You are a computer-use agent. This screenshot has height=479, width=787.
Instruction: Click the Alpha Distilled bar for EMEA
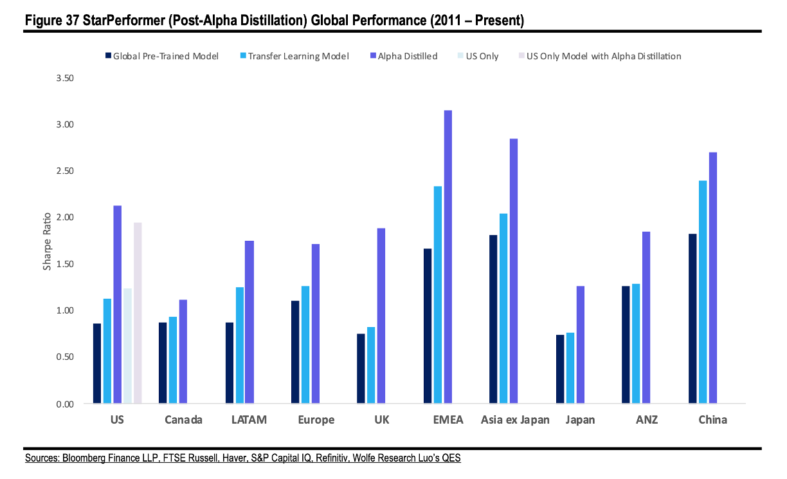(448, 257)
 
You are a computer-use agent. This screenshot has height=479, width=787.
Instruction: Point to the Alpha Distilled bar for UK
(381, 315)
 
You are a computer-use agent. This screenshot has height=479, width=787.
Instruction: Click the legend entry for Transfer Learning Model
(298, 56)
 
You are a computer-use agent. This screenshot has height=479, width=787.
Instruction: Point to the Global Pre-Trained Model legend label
(166, 56)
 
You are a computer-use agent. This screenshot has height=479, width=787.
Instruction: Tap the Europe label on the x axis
(316, 420)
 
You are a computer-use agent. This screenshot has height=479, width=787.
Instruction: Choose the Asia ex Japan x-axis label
(515, 420)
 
